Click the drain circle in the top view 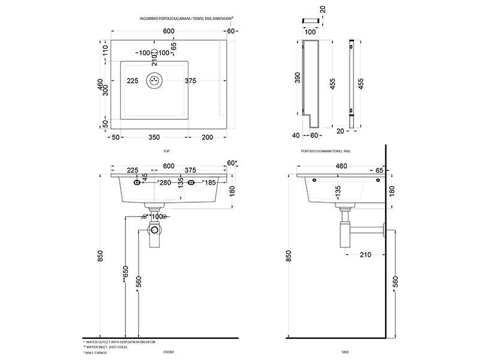click(x=155, y=80)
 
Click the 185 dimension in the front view click(x=209, y=182)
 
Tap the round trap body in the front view click(x=155, y=229)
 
